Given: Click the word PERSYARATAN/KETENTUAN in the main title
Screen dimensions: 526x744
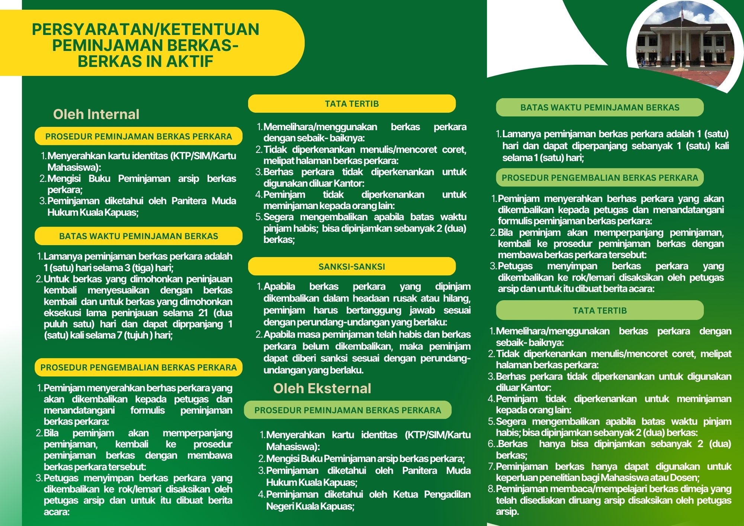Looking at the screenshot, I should tap(145, 29).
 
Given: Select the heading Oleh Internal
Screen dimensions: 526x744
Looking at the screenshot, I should tap(96, 114).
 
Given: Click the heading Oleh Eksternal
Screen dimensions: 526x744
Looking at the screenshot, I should tap(322, 388).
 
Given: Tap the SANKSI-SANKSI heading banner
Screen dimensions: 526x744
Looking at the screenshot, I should tap(352, 267).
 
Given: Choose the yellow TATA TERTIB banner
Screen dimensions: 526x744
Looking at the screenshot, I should tap(352, 104).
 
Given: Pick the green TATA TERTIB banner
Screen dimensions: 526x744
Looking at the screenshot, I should tap(600, 311).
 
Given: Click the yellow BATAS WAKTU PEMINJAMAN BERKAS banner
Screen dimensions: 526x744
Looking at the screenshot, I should tap(138, 236).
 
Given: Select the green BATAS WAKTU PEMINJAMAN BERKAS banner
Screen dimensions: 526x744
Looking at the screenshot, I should tap(600, 108).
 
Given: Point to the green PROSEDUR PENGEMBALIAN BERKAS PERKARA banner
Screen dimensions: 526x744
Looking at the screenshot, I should tap(600, 178).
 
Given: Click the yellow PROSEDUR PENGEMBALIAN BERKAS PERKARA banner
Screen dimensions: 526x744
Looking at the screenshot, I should tap(138, 368).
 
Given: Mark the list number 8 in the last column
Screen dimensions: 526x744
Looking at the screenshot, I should tap(491, 489).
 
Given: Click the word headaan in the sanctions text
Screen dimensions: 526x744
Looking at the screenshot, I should tap(366, 298).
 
